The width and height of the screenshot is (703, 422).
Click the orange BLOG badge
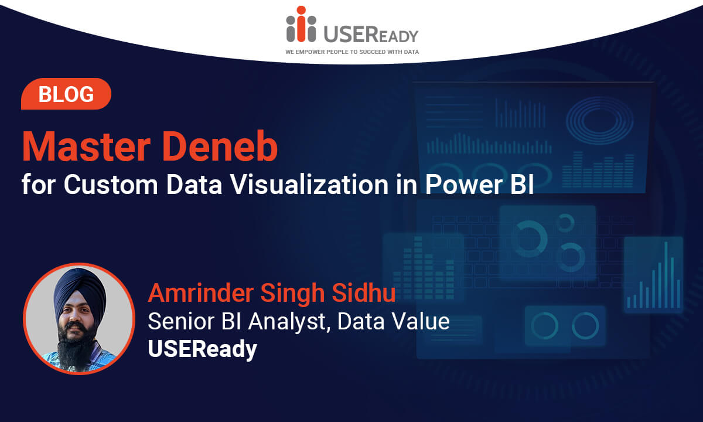pos(66,94)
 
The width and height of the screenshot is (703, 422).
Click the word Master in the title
pos(86,147)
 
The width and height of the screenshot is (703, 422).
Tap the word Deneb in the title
pos(220,147)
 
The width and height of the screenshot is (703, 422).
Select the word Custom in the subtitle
pos(111,185)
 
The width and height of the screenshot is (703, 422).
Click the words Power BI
pos(479,185)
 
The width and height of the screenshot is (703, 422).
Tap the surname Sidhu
pos(363,292)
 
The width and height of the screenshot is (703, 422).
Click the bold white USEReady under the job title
pos(203,349)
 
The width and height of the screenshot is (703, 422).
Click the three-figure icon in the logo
pos(301,24)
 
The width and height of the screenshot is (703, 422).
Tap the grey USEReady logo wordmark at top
pos(371,34)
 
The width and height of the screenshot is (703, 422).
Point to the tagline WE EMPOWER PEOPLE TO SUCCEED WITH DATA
pos(352,52)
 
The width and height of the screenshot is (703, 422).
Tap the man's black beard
pos(77,345)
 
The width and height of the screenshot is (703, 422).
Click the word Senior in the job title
pos(182,321)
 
